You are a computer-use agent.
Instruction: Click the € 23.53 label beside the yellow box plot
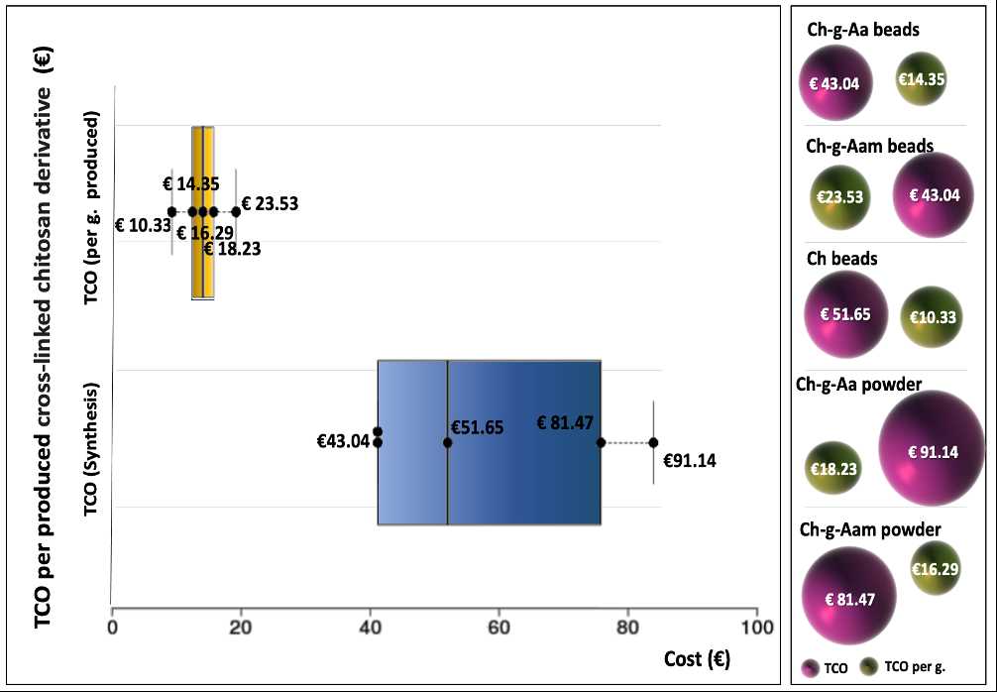pos(270,204)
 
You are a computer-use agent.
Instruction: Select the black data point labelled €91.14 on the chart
pos(653,442)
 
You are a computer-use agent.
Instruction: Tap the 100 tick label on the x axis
pos(757,627)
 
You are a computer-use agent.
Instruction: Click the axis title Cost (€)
pos(699,659)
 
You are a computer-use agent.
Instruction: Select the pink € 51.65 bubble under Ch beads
pos(844,314)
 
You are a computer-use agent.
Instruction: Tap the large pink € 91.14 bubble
pos(932,452)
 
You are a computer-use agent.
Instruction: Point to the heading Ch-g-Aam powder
pos(870,529)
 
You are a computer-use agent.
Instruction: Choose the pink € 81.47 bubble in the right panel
pos(848,598)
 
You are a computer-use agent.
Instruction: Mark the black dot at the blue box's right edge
pos(601,442)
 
